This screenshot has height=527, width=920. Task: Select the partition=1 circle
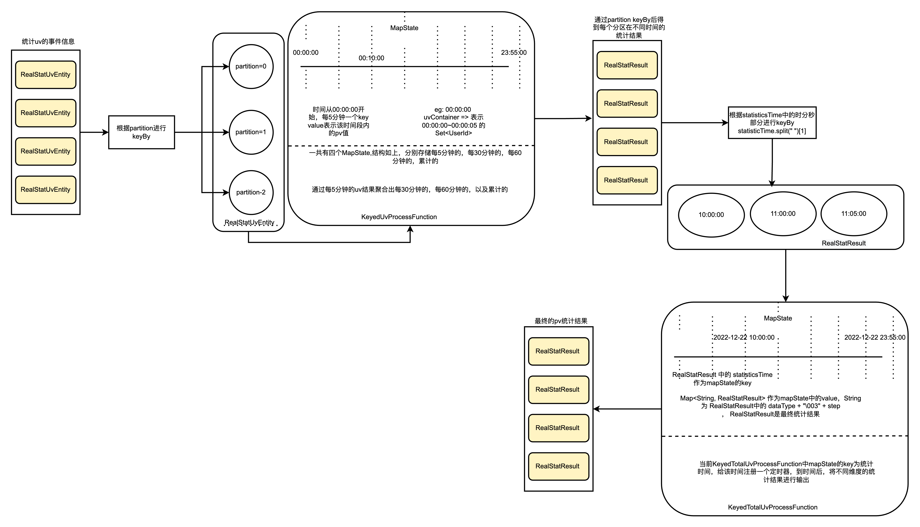pyautogui.click(x=251, y=132)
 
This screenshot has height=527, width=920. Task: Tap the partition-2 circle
pyautogui.click(x=251, y=192)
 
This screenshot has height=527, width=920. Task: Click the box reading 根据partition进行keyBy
pyautogui.click(x=142, y=132)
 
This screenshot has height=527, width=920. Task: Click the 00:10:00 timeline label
pyautogui.click(x=371, y=58)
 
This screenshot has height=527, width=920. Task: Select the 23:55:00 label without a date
pyautogui.click(x=514, y=52)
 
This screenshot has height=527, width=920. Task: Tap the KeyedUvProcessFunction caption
pyautogui.click(x=399, y=217)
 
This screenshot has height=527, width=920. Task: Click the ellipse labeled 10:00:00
pyautogui.click(x=711, y=215)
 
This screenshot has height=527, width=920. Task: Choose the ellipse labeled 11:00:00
pyautogui.click(x=783, y=213)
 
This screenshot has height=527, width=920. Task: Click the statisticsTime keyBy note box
pyautogui.click(x=772, y=123)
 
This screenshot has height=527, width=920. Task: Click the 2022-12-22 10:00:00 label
pyautogui.click(x=744, y=337)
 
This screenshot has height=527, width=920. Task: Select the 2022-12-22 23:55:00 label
pyautogui.click(x=875, y=337)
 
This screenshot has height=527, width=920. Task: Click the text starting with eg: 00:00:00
pyautogui.click(x=453, y=121)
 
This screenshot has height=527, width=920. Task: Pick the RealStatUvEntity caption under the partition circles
pyautogui.click(x=249, y=222)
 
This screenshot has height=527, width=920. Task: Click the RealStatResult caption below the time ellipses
pyautogui.click(x=844, y=243)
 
